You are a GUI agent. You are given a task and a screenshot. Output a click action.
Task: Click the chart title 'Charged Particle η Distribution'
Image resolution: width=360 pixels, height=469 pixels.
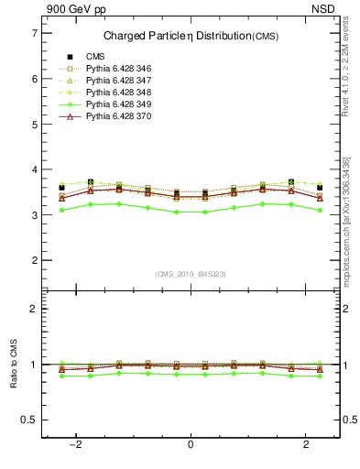[180, 36]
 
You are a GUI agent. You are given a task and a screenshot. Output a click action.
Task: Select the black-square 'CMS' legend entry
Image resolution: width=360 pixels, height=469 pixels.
[94, 57]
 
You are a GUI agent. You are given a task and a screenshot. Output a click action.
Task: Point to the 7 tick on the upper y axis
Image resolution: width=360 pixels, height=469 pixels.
[34, 33]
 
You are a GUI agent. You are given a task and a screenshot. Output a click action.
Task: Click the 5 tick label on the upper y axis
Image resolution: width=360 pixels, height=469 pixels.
[34, 124]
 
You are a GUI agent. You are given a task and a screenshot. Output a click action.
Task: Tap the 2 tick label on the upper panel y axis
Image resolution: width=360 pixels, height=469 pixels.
[34, 260]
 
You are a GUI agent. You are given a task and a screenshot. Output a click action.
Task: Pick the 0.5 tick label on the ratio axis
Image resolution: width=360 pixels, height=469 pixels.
[29, 420]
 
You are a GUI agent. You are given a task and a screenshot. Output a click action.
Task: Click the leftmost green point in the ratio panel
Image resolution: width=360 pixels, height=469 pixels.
[61, 376]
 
